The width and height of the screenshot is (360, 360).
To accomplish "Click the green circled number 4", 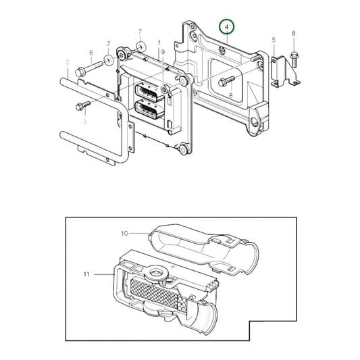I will pyautogui.click(x=228, y=28).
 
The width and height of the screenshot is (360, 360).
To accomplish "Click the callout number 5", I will pyautogui.click(x=274, y=41).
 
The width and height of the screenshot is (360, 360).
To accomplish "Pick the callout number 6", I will pyautogui.click(x=91, y=53).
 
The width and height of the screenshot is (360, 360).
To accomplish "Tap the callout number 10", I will pyautogui.click(x=124, y=234).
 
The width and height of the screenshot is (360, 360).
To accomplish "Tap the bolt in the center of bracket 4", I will pyautogui.click(x=226, y=82).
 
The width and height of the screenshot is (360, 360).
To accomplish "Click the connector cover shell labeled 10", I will pyautogui.click(x=203, y=250).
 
